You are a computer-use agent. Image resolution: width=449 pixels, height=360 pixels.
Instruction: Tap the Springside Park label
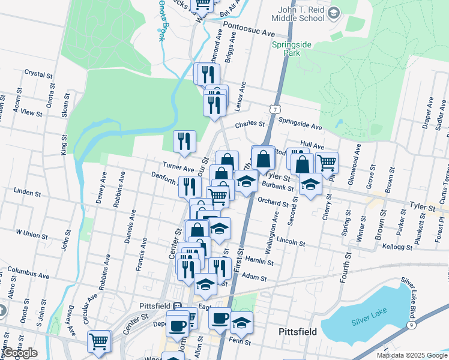[x=286, y=49]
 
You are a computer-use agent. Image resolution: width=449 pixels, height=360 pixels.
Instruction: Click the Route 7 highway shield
[x=274, y=109]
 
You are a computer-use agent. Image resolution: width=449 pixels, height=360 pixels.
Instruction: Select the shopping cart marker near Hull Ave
[x=327, y=161]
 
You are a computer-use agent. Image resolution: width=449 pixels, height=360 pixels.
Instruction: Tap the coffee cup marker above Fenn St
[x=220, y=317]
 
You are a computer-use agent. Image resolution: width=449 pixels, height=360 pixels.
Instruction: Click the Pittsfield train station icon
[x=178, y=305]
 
